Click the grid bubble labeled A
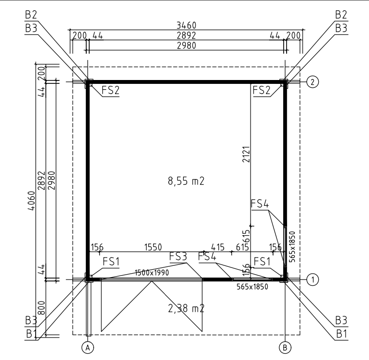(x=88, y=347)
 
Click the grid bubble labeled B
(x=285, y=347)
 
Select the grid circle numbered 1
(x=312, y=280)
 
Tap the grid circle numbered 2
(x=312, y=82)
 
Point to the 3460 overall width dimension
(x=186, y=25)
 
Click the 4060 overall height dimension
(x=32, y=200)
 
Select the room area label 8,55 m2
(x=186, y=181)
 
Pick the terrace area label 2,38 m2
(x=186, y=308)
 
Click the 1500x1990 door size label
(x=152, y=273)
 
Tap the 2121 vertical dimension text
(x=246, y=154)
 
